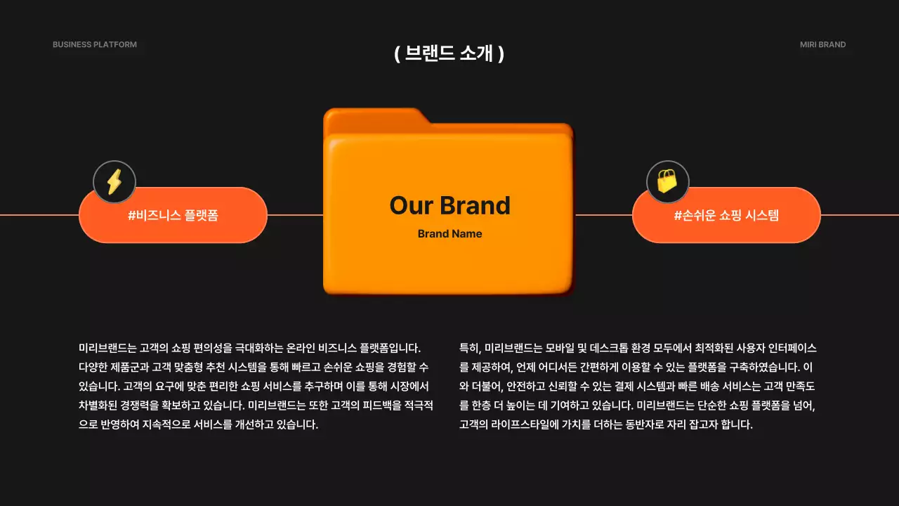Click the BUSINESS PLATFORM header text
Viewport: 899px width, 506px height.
pyautogui.click(x=95, y=45)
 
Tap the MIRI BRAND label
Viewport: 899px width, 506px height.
pyautogui.click(x=822, y=45)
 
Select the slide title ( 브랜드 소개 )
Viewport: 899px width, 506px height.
pyautogui.click(x=449, y=53)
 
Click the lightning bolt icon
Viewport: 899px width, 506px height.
pyautogui.click(x=114, y=182)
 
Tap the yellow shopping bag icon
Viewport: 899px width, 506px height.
pyautogui.click(x=667, y=181)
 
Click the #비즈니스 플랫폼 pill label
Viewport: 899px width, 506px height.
pyautogui.click(x=173, y=216)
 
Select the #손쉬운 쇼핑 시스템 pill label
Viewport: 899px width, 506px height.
pyautogui.click(x=726, y=216)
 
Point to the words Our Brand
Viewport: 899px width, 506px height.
pyautogui.click(x=449, y=206)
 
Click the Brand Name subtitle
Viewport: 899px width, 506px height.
pyautogui.click(x=449, y=234)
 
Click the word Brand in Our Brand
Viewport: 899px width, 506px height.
pyautogui.click(x=475, y=206)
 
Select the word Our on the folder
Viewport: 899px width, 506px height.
pyautogui.click(x=411, y=206)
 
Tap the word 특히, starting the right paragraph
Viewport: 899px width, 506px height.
pyautogui.click(x=470, y=348)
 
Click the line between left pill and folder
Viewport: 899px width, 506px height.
pyautogui.click(x=295, y=215)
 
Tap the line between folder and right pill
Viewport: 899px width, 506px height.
pyautogui.click(x=603, y=215)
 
